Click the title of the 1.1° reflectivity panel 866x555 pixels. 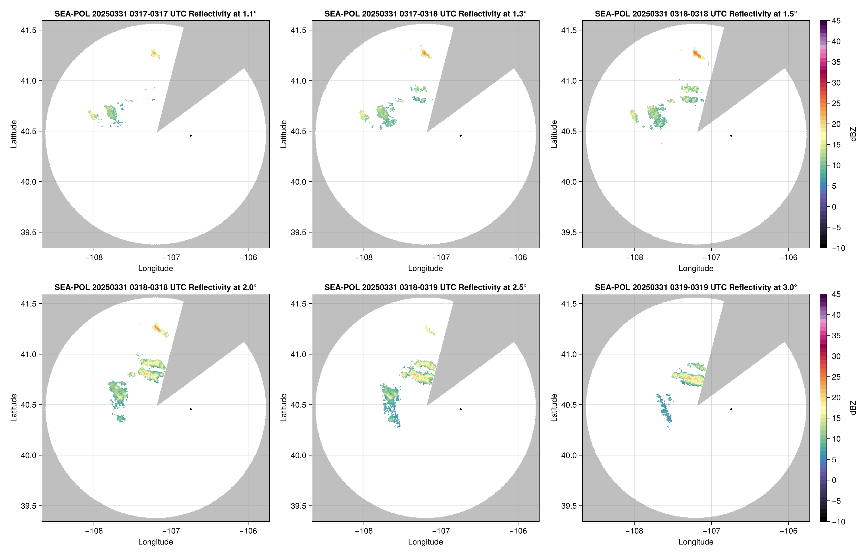click(155, 14)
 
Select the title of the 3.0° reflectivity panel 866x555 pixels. click(696, 287)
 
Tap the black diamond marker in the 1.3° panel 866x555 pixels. click(461, 136)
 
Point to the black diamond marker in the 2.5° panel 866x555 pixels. click(461, 409)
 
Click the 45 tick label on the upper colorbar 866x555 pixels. click(836, 21)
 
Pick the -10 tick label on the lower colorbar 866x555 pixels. click(838, 521)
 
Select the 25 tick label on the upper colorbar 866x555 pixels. click(836, 103)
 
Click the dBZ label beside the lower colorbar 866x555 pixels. click(853, 408)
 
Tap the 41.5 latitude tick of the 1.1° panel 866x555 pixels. click(29, 30)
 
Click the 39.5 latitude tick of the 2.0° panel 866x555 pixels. click(29, 506)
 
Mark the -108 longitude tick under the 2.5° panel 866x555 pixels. click(364, 531)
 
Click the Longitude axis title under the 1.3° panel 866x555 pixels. click(425, 268)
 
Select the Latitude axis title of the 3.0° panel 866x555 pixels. click(554, 408)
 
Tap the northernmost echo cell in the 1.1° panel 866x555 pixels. click(155, 53)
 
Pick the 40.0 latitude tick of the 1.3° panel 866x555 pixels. click(299, 182)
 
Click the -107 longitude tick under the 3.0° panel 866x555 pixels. click(711, 531)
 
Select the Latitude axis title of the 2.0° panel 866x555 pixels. click(14, 408)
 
